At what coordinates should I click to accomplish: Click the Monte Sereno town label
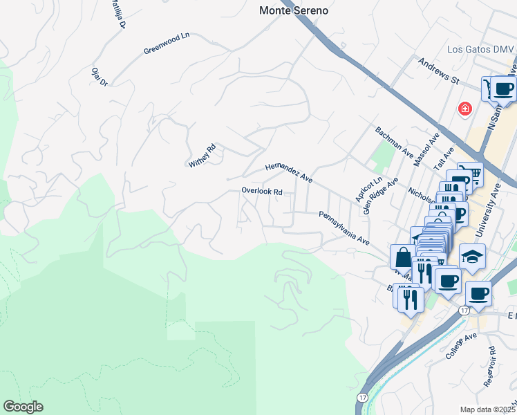pyautogui.click(x=294, y=11)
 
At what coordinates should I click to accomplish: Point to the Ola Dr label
pyautogui.click(x=100, y=77)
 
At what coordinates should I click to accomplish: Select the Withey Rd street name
pyautogui.click(x=203, y=156)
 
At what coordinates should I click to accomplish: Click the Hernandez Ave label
pyautogui.click(x=290, y=173)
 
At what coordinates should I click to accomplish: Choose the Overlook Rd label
pyautogui.click(x=262, y=191)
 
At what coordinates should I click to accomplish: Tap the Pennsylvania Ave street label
pyautogui.click(x=344, y=228)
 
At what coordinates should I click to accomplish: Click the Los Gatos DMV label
pyautogui.click(x=480, y=49)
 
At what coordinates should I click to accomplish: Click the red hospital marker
pyautogui.click(x=465, y=109)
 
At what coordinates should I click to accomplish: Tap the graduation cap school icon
pyautogui.click(x=473, y=257)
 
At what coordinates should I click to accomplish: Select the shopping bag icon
pyautogui.click(x=402, y=257)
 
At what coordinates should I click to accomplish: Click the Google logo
pyautogui.click(x=23, y=407)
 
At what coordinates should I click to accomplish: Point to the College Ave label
pyautogui.click(x=461, y=345)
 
